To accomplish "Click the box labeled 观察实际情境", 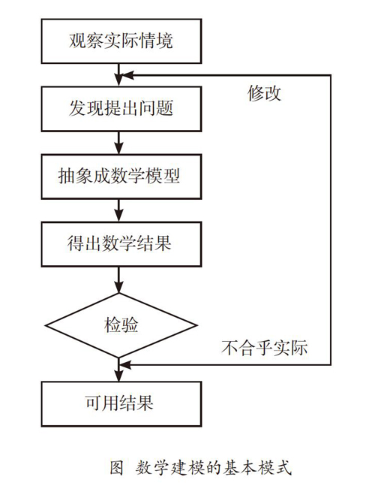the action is tap(121, 41).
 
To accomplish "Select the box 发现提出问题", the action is tap(121, 109).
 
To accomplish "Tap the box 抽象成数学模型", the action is tap(121, 177).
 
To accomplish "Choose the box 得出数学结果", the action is tap(121, 244).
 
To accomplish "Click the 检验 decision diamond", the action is tap(121, 325).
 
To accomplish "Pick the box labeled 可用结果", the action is tap(121, 404).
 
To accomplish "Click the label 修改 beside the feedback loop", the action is tap(264, 93).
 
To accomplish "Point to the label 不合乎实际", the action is tap(264, 348).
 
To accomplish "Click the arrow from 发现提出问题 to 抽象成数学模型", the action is tap(118, 143).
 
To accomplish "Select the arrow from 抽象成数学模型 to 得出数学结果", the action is tap(118, 210).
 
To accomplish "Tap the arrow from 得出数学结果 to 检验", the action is tap(118, 279).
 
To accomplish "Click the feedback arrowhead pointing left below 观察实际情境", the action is tap(127, 75).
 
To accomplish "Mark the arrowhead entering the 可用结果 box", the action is tap(118, 376).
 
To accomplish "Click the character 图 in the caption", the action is tap(117, 467).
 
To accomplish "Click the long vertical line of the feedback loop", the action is tap(331, 220).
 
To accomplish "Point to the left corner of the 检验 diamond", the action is tap(46, 325).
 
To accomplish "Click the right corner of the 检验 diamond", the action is tap(197, 325).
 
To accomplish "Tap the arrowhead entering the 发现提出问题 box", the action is tap(118, 80).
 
